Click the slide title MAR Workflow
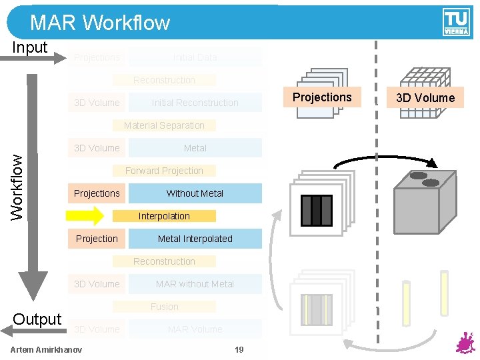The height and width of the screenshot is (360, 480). pos(100,23)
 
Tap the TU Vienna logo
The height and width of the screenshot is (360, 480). pos(455,22)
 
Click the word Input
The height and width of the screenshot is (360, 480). pos(31,47)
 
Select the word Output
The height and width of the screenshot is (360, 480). pos(37,319)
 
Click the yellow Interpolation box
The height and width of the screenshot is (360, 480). pos(164,216)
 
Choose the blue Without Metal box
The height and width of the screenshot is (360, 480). pos(195,193)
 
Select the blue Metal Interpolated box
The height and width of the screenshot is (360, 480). pos(195,239)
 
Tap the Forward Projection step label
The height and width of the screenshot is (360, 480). pos(164,171)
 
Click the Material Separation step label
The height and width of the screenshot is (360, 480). pos(164,125)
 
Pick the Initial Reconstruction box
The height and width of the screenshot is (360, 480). pos(195,103)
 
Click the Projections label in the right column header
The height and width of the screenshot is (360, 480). pos(322,97)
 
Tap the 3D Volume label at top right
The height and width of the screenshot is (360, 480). pos(425,98)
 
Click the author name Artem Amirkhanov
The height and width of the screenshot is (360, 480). pos(47,350)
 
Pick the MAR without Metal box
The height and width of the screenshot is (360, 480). pos(195,284)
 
